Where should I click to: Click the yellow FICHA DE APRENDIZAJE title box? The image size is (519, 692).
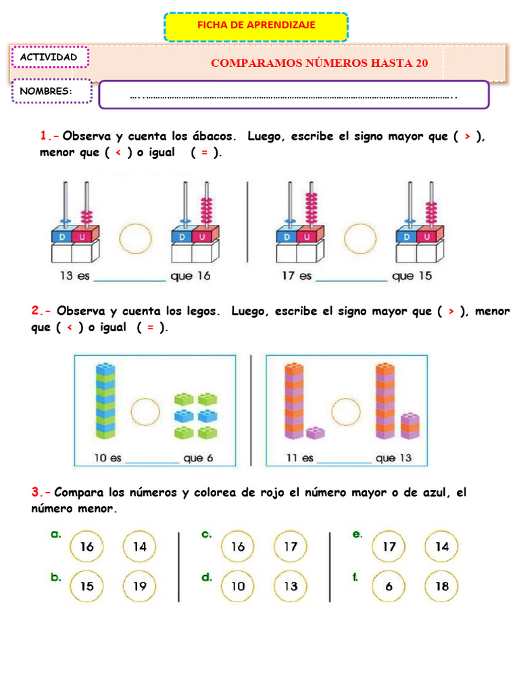point(256,26)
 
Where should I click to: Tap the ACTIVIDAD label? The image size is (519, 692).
point(49,57)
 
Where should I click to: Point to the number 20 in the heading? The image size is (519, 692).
point(421,64)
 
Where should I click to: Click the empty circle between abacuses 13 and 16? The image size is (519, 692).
point(135,239)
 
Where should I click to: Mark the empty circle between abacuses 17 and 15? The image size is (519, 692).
point(360,239)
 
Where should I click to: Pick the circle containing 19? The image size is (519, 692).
point(139,586)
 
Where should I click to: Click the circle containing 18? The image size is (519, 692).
point(441,586)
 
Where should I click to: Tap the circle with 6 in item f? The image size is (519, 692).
point(389,586)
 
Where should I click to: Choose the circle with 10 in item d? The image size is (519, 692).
point(238,586)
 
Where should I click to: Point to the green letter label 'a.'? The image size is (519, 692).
point(56,534)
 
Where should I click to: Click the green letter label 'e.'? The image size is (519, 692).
point(357,534)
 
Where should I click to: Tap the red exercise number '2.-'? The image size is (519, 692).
point(41,312)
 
